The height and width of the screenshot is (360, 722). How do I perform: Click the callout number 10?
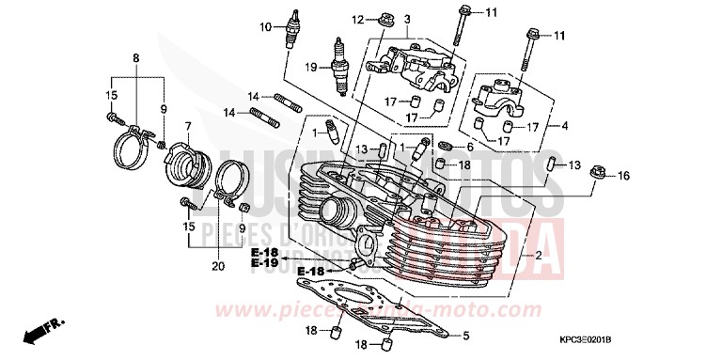tap(265, 26)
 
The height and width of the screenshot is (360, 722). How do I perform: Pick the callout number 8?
tap(135, 58)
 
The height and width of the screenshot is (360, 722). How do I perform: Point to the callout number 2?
tap(538, 256)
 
